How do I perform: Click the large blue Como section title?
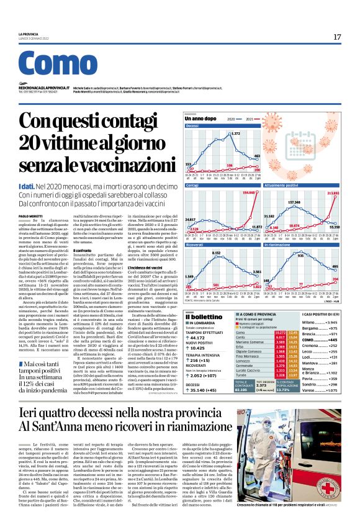(55, 66)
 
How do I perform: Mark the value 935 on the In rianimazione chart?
(300, 255)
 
